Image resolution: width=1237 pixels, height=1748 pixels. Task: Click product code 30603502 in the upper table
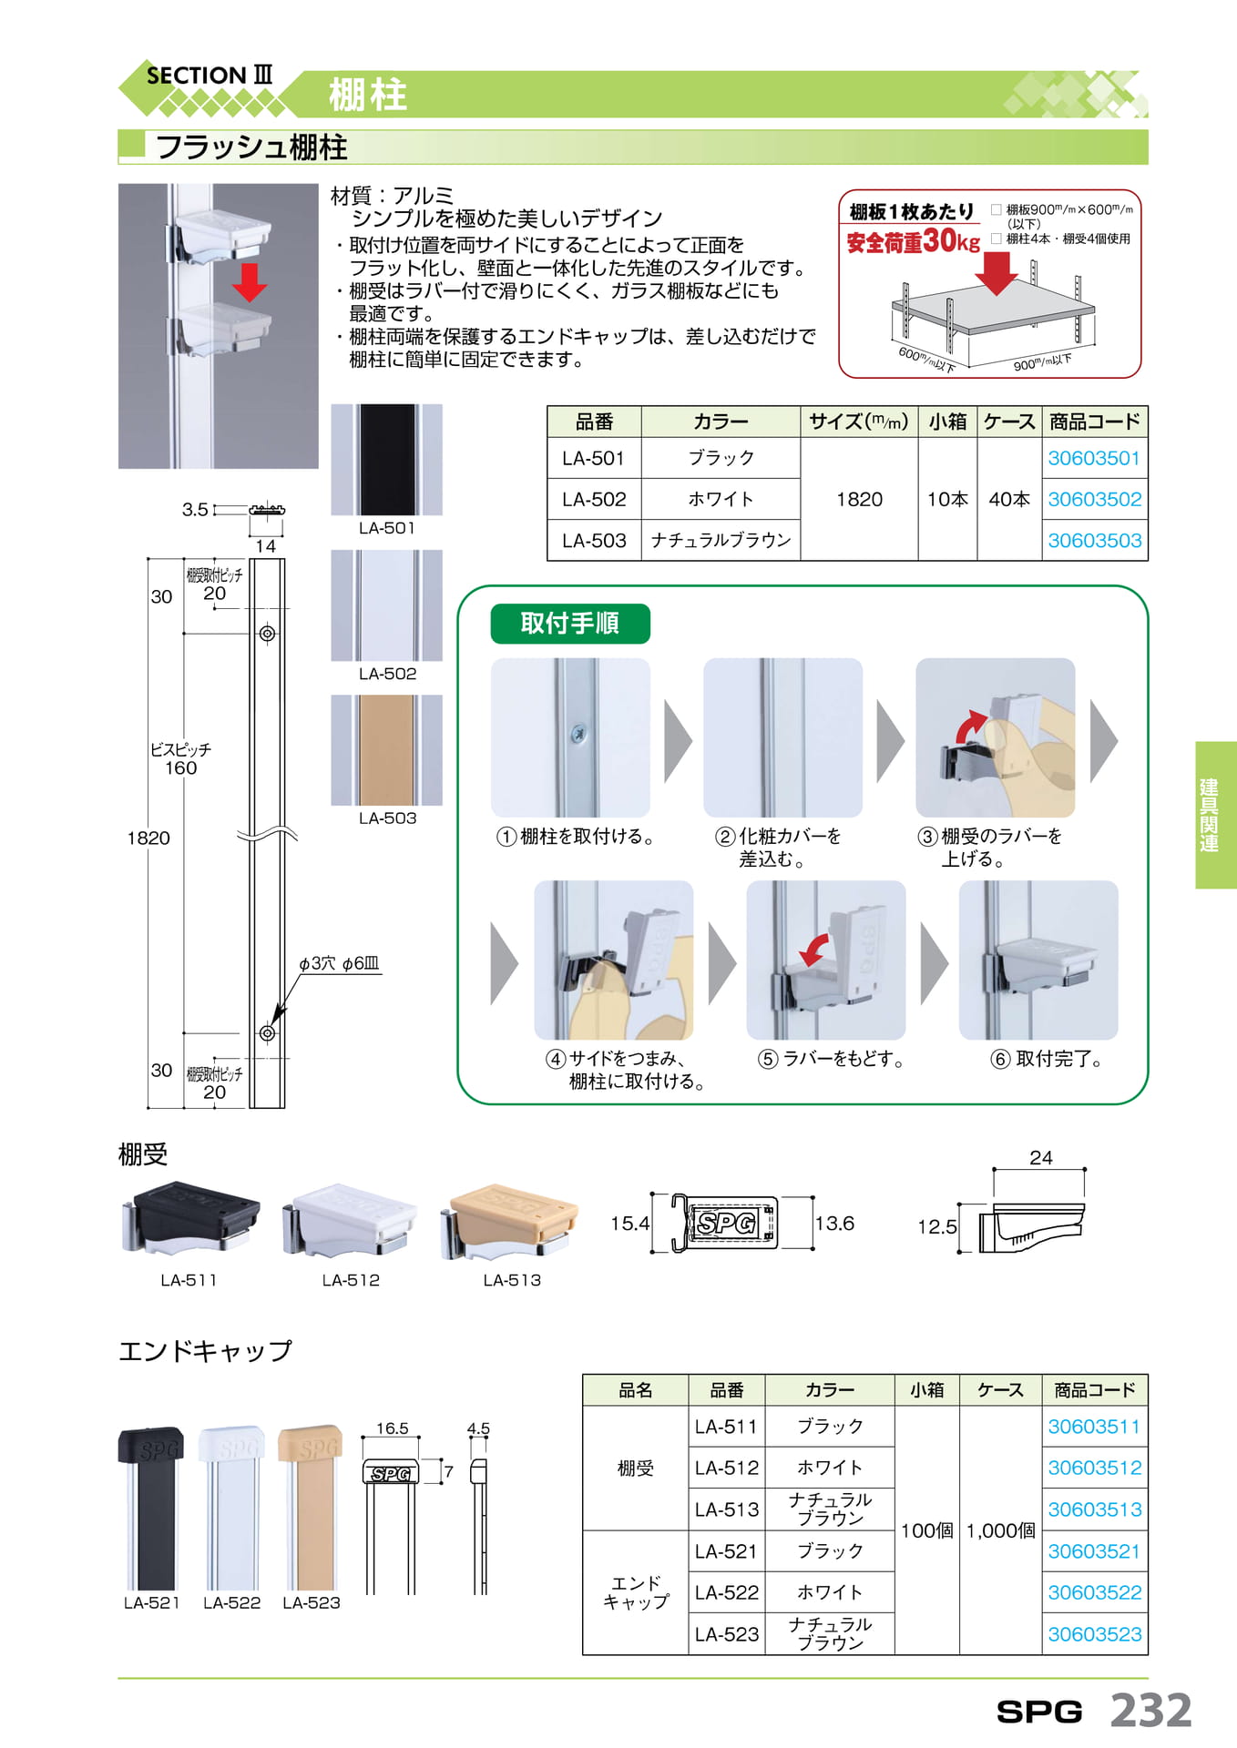1094,499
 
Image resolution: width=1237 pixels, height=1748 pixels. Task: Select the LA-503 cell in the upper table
594,540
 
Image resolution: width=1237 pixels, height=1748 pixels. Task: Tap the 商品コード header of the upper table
1094,422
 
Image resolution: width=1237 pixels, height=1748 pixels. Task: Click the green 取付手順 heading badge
570,624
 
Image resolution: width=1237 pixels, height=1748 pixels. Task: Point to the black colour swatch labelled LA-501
387,460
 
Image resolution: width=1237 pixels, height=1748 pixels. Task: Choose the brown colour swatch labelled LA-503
387,750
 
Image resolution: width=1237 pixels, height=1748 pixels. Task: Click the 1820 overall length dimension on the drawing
148,838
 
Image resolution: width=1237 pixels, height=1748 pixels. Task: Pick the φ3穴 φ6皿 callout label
339,963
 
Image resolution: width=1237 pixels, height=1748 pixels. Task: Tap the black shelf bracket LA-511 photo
189,1219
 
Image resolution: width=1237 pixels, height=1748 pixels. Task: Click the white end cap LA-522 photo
232,1508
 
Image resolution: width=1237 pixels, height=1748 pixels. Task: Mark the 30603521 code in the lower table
1094,1551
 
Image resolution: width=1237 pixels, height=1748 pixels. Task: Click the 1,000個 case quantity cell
1000,1530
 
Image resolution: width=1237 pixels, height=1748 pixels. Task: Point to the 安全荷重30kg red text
913,241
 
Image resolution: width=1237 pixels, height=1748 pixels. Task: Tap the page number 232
1151,1710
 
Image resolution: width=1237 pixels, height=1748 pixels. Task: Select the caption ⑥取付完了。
1047,1059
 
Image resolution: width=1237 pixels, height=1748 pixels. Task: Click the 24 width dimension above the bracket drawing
1040,1157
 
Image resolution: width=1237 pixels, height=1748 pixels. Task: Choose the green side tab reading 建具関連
1216,815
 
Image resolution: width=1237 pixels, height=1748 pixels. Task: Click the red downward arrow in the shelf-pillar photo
249,281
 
